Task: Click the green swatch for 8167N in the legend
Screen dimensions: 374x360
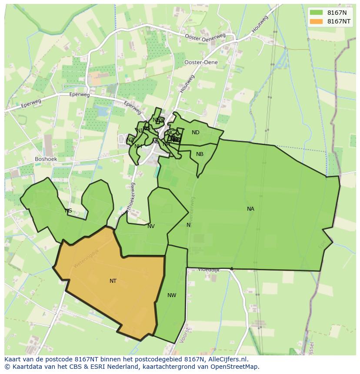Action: tap(317, 13)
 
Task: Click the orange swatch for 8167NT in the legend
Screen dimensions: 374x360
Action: tap(317, 21)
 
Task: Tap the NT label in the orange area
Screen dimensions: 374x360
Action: tap(113, 281)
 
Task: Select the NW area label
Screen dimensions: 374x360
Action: tap(172, 295)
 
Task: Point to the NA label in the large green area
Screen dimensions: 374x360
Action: tap(250, 209)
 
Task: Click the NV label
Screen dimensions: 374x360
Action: tap(151, 226)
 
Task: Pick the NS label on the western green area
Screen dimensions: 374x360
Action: tap(68, 211)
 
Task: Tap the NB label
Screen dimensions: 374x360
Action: tap(200, 154)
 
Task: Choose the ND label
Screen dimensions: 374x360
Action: tap(196, 132)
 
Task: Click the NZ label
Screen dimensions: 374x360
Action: tap(130, 140)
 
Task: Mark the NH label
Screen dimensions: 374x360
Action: tap(138, 146)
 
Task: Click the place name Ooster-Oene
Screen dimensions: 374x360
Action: tap(201, 63)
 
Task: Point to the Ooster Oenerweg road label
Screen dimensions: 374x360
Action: tap(205, 38)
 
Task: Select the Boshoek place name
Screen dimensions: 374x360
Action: tap(46, 159)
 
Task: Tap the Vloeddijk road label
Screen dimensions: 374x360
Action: tap(209, 270)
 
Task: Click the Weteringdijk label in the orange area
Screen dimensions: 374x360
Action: tap(86, 258)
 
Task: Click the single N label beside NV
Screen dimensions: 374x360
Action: tap(188, 225)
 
